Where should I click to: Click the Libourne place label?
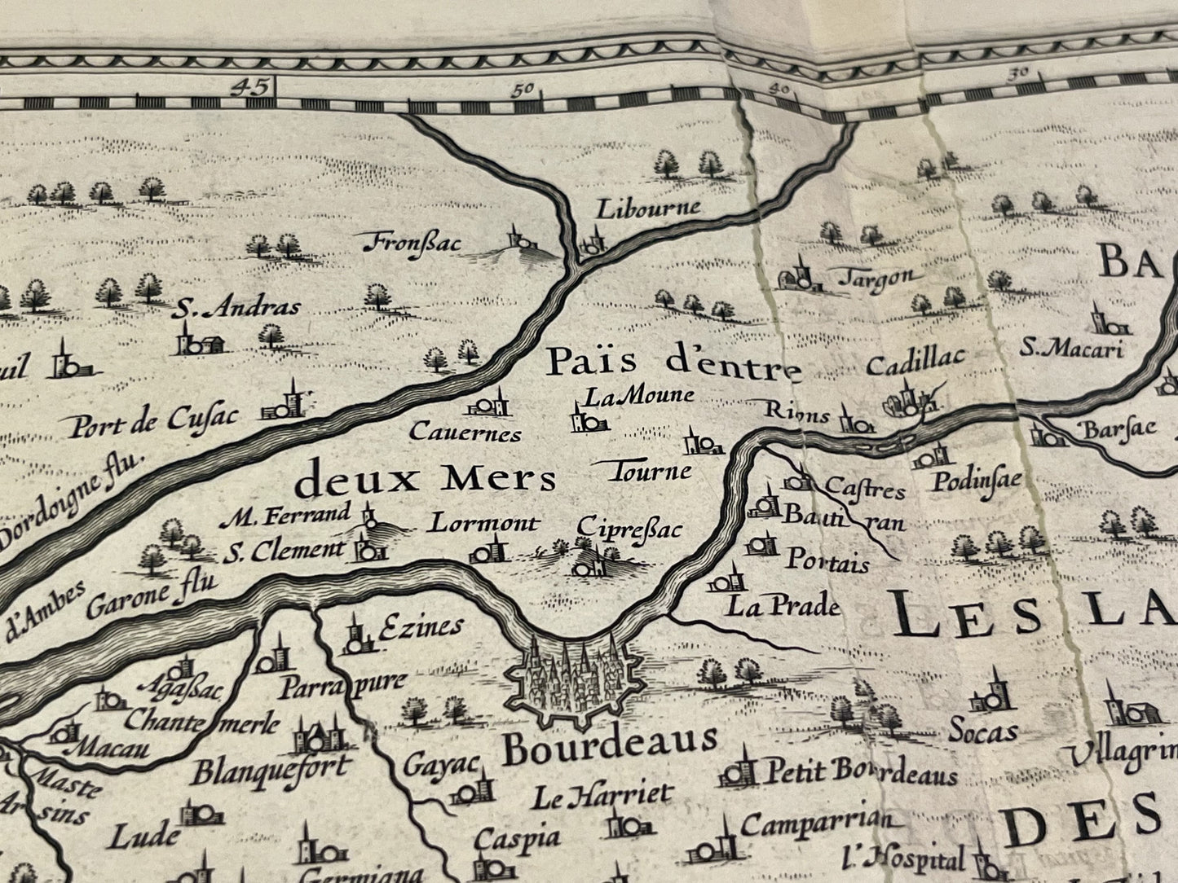[648, 207]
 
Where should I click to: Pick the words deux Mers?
[426, 481]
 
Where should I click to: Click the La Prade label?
[783, 606]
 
